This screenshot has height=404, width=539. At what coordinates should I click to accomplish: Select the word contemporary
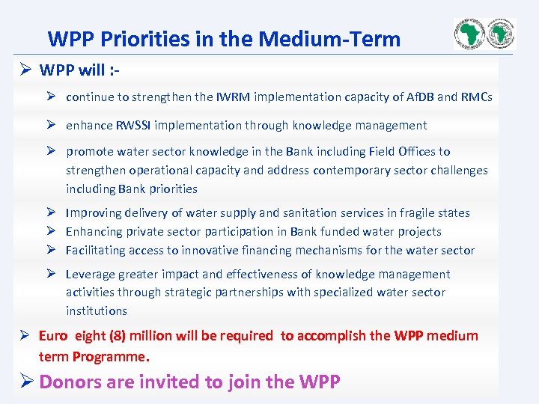pos(350,170)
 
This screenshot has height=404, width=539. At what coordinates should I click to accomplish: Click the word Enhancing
pos(94,232)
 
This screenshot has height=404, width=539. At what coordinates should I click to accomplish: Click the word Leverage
pos(90,275)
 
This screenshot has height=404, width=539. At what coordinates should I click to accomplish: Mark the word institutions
pos(97,310)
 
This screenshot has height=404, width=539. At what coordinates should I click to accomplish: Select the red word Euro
pos(53,336)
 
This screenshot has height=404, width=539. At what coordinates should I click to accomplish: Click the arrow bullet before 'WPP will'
pos(25,70)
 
